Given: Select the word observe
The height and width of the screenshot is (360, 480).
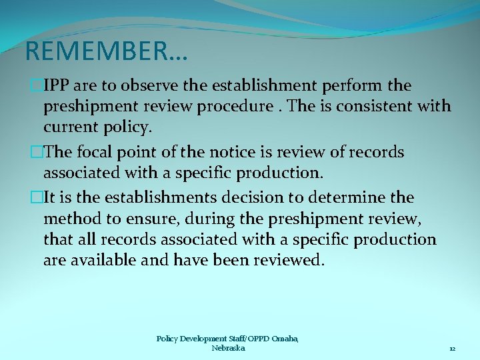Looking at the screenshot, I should [x=150, y=86].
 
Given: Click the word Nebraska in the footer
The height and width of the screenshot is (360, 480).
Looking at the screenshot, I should [x=228, y=349].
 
